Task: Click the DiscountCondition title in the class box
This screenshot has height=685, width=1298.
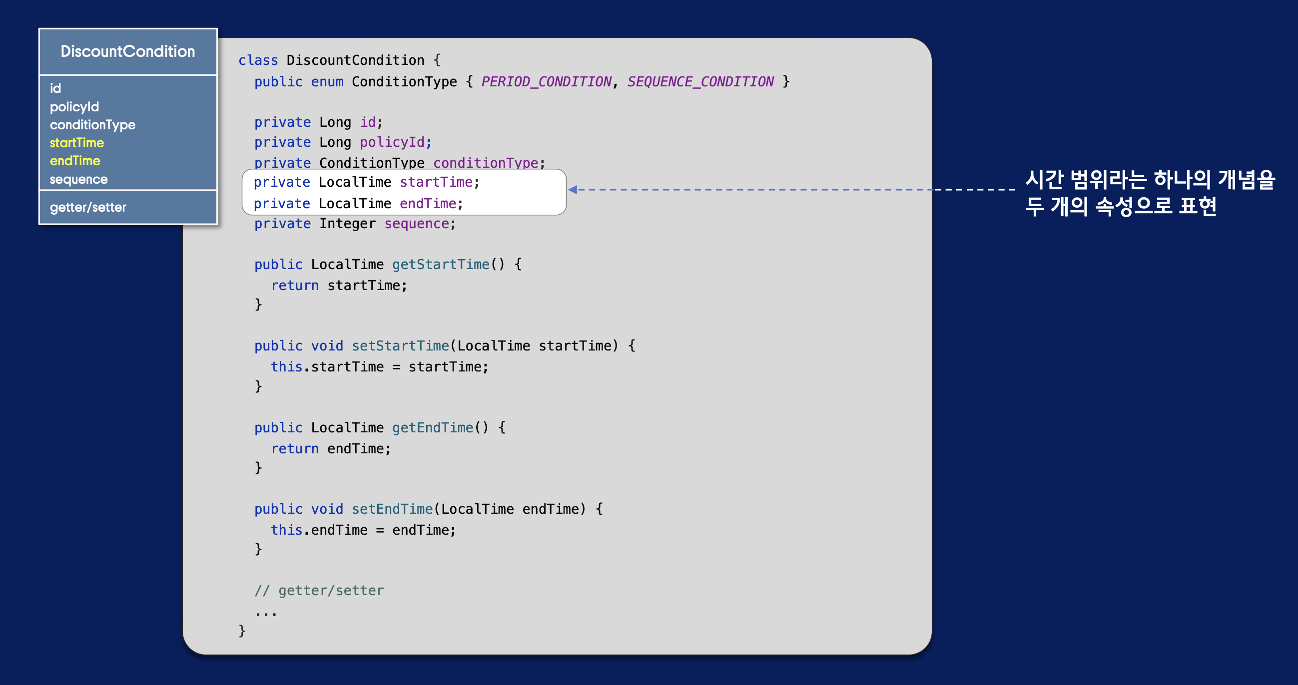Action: (x=127, y=51)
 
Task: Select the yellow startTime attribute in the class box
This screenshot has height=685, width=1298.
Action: (x=76, y=143)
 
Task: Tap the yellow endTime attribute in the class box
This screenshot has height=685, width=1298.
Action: (x=75, y=161)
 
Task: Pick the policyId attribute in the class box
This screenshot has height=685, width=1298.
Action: (x=74, y=107)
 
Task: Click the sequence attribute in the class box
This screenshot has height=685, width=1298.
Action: (x=78, y=179)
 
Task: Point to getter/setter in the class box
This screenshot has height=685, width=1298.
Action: (x=87, y=207)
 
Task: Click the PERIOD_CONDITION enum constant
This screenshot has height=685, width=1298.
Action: (x=546, y=81)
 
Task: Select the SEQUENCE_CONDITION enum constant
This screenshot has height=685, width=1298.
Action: (x=700, y=81)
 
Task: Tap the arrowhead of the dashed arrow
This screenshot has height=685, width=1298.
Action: (x=573, y=189)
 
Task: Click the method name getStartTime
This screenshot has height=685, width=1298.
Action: (x=440, y=265)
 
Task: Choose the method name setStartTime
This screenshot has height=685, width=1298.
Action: (x=400, y=346)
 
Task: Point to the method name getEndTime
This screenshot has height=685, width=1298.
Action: (x=432, y=427)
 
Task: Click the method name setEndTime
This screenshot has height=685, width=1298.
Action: (x=392, y=509)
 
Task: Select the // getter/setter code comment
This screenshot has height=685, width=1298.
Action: (x=319, y=590)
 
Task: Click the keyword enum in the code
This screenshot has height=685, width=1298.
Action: (x=327, y=81)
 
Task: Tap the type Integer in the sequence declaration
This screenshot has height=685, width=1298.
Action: (x=347, y=224)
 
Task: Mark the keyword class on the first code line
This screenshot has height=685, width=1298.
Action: (x=258, y=60)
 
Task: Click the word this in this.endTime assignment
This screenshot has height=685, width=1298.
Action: (x=286, y=530)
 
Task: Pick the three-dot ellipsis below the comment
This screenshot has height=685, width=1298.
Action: (x=266, y=614)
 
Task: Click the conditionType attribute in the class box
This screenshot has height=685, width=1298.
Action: (x=92, y=125)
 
